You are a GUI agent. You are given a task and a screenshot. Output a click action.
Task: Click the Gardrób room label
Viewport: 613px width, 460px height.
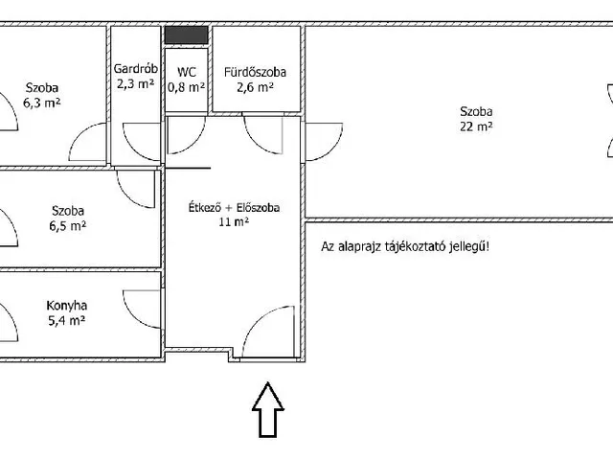[x=136, y=68]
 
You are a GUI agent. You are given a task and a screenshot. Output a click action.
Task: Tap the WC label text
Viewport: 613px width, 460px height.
[x=187, y=72]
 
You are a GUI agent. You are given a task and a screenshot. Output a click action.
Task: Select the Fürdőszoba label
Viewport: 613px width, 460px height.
[x=255, y=72]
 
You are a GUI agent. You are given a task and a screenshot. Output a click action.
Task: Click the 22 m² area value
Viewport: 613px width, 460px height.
[x=476, y=126]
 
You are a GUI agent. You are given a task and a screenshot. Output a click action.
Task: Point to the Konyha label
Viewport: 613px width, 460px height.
[x=66, y=306]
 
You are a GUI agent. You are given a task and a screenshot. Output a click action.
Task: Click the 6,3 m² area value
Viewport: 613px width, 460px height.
[x=42, y=103]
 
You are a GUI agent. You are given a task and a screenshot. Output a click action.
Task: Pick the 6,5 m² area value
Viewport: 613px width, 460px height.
[x=68, y=226]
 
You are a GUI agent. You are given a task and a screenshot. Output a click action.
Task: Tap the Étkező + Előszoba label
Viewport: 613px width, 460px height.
[x=234, y=207]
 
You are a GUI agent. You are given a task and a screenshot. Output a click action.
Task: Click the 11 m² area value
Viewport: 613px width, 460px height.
[x=234, y=222]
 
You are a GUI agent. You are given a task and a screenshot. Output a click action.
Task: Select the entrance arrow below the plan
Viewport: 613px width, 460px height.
[x=268, y=409]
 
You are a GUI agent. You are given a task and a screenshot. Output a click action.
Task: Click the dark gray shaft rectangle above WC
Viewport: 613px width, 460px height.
[x=186, y=34]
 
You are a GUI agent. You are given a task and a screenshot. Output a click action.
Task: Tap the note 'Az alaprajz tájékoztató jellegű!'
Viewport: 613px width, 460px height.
[x=405, y=247]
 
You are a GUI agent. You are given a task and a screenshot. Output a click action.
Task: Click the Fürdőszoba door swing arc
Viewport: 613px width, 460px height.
[x=255, y=144]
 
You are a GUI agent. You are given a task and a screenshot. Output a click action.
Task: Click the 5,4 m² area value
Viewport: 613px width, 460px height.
[x=66, y=321]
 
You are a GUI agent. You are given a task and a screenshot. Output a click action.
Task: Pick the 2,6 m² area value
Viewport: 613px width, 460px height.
[x=255, y=87]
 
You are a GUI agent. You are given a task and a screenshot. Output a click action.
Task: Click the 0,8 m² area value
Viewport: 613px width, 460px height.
[x=187, y=87]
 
